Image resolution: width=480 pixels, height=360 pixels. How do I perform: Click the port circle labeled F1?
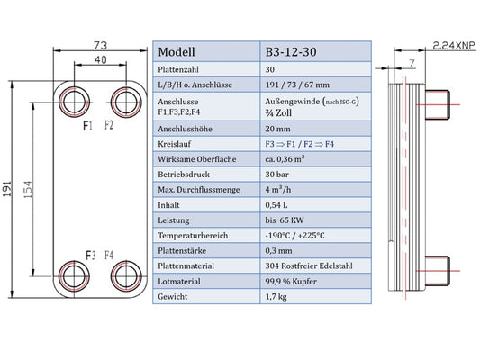point(73,97)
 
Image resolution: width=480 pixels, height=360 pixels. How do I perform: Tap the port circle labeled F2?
point(122,97)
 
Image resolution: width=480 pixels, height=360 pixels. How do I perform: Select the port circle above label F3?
point(73,274)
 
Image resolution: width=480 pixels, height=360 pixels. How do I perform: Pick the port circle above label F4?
point(122,274)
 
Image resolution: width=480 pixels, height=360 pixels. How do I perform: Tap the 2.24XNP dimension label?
point(452,44)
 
